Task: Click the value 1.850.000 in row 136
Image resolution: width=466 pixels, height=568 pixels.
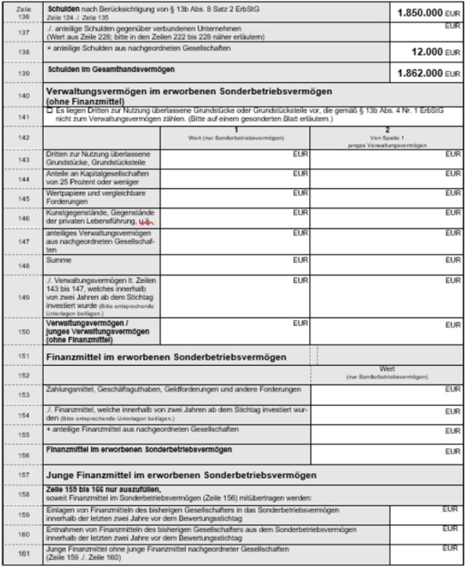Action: coord(420,13)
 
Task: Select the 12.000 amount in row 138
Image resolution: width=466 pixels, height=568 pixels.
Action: coord(429,53)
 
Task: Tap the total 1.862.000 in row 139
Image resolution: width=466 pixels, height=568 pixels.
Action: coord(420,74)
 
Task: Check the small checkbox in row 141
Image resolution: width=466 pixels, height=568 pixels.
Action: coord(49,110)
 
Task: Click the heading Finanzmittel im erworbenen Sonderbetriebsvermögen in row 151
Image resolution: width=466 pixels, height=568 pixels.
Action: coord(166,356)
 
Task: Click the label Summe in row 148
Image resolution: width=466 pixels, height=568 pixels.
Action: coord(58,261)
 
